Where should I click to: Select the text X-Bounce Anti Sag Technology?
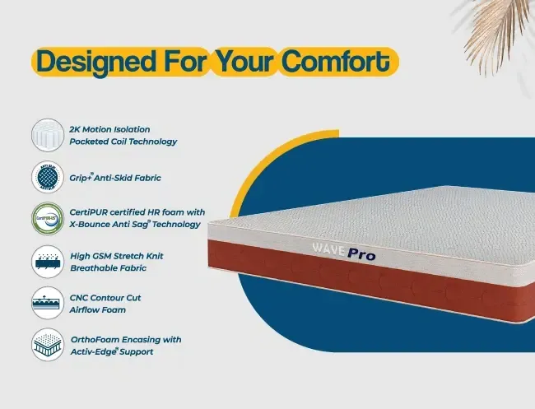tap(135, 225)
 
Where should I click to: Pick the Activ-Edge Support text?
tap(112, 351)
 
